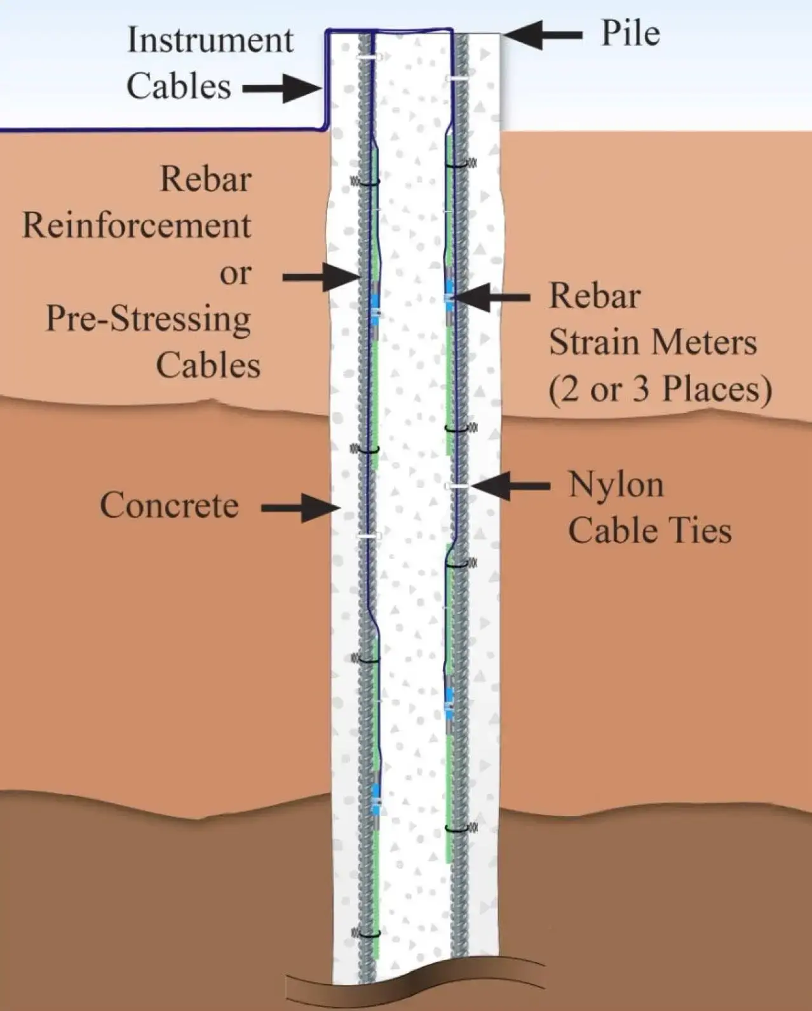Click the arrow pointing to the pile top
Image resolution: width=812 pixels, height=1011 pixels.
click(543, 36)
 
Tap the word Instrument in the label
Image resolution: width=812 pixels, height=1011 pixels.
click(210, 40)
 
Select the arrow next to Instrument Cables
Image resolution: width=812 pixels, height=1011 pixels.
click(283, 88)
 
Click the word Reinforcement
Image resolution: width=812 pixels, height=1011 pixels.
click(137, 226)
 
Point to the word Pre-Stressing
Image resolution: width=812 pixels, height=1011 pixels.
click(148, 319)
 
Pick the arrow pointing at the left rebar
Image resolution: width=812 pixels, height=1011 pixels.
click(320, 276)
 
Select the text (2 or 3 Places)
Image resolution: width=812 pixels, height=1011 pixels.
click(660, 388)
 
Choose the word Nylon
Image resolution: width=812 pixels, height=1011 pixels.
click(616, 484)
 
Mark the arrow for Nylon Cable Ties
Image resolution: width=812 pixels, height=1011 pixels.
click(511, 486)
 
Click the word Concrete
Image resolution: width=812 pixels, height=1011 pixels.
click(169, 506)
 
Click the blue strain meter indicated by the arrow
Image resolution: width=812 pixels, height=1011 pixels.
click(449, 296)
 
